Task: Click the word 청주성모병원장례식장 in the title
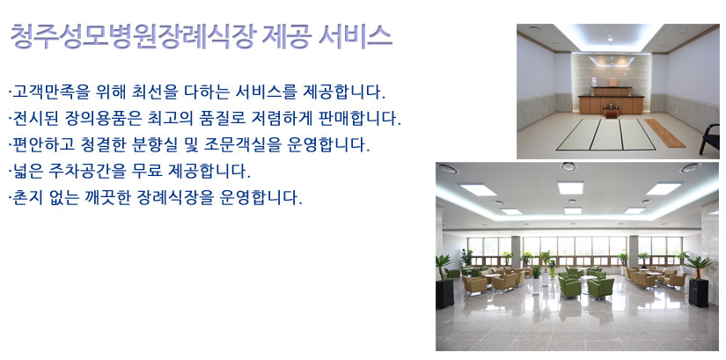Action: [132, 37]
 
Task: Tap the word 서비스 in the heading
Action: [356, 37]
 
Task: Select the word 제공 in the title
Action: [286, 37]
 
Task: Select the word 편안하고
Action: [41, 145]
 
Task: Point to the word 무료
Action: [147, 172]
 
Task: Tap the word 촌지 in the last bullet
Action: [26, 198]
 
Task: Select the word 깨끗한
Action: [107, 198]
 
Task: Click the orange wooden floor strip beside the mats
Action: [664, 133]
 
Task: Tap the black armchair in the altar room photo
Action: [710, 138]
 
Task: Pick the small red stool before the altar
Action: [611, 112]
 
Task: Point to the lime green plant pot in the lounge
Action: [552, 273]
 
